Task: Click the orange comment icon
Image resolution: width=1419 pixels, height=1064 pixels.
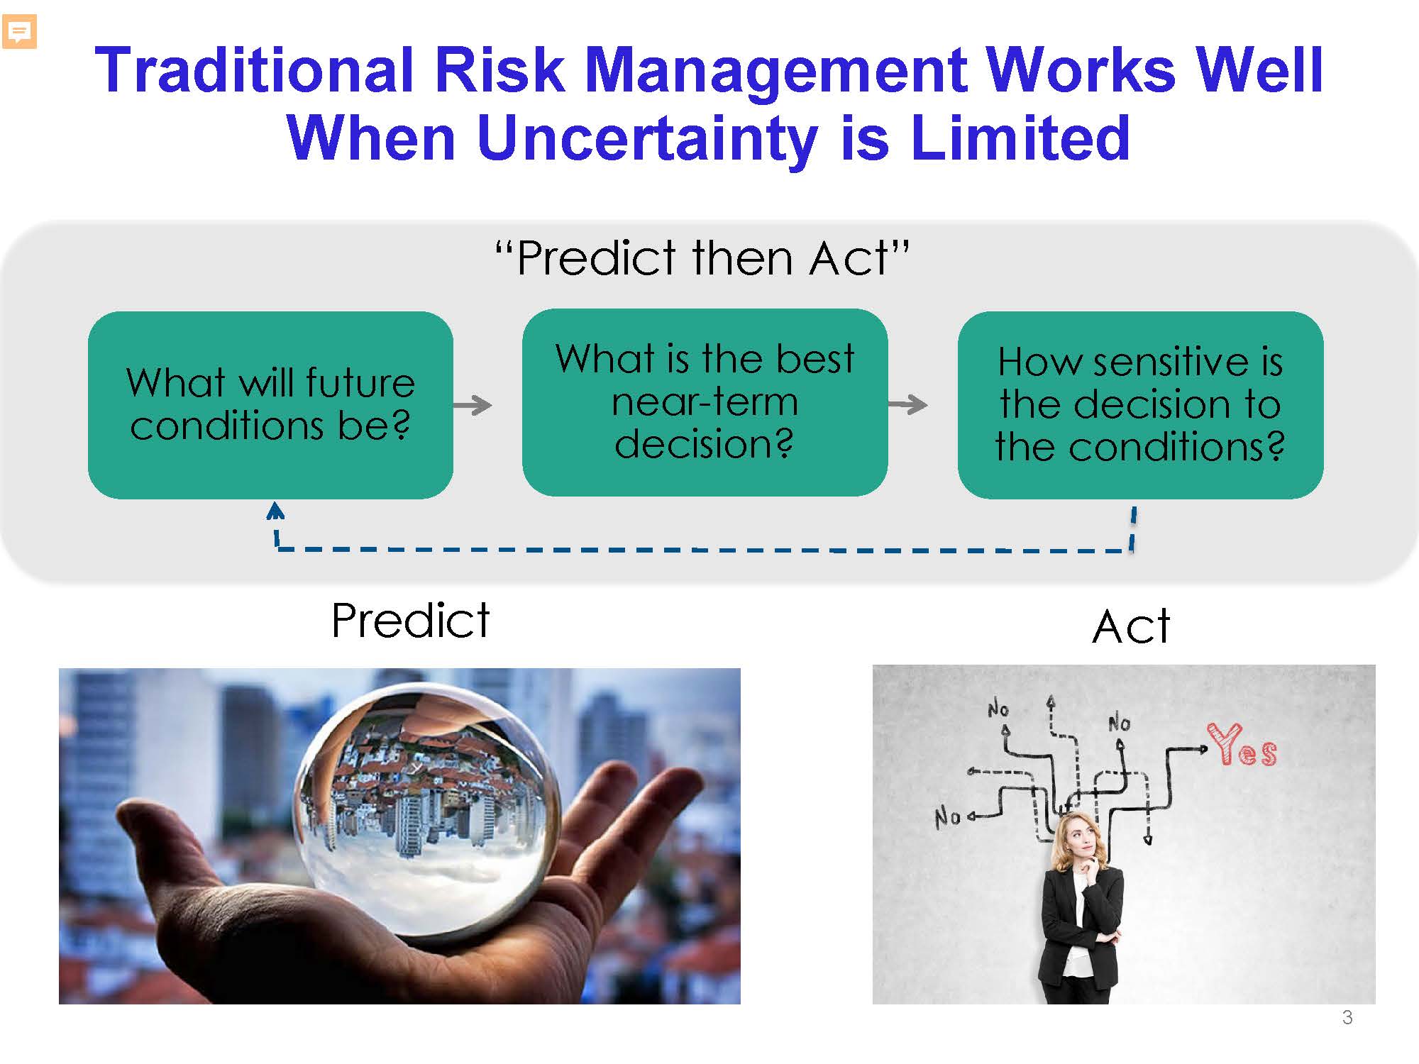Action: (19, 32)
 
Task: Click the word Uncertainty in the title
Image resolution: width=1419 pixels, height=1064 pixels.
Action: (648, 138)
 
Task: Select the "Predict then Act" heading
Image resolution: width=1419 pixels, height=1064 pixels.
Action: (702, 257)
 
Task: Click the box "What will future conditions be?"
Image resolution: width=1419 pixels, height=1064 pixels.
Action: (270, 404)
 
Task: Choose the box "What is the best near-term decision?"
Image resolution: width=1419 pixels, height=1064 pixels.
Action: (705, 402)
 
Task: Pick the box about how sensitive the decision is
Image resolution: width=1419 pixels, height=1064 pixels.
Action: (1140, 404)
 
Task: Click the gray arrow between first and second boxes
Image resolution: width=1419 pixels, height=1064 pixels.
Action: (473, 405)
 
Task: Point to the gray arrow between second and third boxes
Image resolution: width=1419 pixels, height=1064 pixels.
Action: (907, 404)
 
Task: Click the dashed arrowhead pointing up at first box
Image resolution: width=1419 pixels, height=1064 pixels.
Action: (275, 510)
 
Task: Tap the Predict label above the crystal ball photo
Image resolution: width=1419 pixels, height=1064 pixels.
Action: (411, 621)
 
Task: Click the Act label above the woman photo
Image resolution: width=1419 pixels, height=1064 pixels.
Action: (1131, 626)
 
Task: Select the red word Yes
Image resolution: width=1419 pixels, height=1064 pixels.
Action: (1242, 746)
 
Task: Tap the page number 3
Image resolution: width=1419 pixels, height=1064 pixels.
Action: (1347, 1018)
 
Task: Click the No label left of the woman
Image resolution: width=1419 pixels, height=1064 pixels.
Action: (947, 817)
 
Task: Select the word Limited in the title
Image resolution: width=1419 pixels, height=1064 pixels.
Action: (1020, 138)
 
